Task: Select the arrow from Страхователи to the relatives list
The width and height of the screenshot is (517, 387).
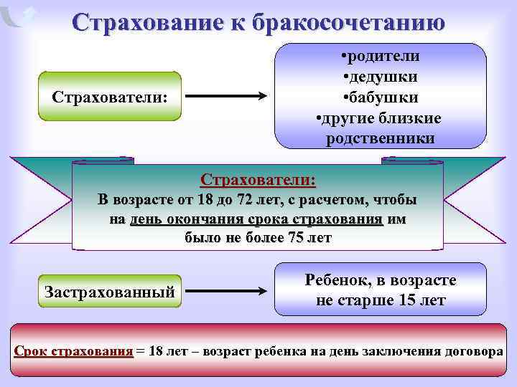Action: [x=226, y=96]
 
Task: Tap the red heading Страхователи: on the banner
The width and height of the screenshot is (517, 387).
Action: [x=258, y=178]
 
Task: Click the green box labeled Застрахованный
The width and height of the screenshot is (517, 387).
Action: [x=109, y=292]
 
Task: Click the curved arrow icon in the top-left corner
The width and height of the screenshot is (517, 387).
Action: [x=19, y=16]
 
